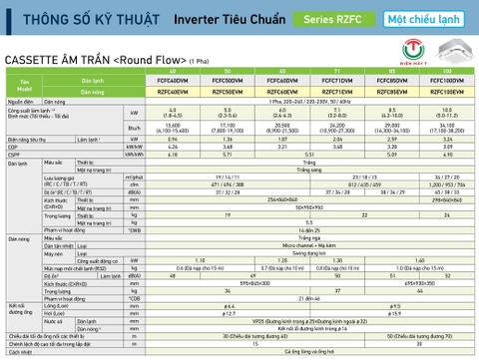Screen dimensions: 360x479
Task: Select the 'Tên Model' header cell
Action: point(24,86)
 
